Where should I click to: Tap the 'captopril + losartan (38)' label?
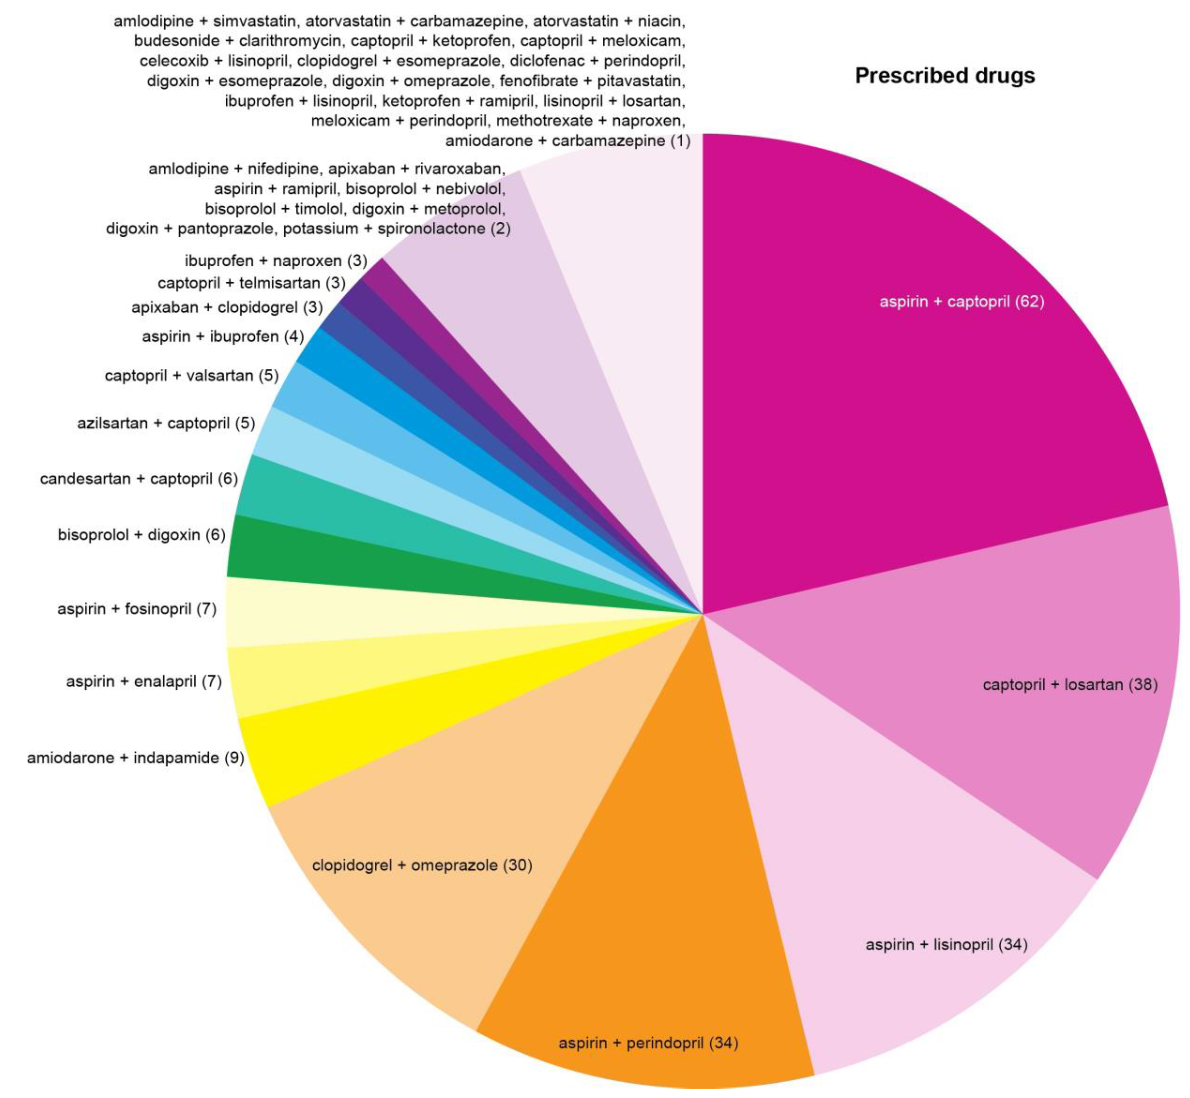point(1070,685)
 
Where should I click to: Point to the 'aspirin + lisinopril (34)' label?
point(946,944)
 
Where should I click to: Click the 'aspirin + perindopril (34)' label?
point(648,1043)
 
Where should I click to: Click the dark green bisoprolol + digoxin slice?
point(357,564)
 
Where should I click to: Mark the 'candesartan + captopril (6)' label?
point(138,479)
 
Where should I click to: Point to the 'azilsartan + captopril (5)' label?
point(166,423)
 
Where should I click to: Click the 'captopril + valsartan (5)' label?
point(191,375)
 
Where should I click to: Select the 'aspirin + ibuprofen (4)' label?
point(223,337)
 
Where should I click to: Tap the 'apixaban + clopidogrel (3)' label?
point(227,308)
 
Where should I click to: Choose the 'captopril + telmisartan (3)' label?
point(252,283)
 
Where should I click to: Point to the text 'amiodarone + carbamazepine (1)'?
point(568,141)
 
